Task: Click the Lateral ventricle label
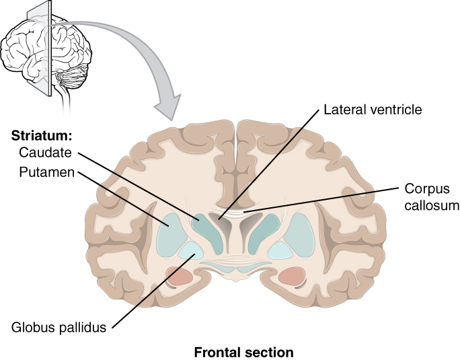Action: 373,108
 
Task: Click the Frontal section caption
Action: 243,352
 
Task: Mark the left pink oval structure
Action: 180,275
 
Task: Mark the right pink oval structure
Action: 292,275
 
